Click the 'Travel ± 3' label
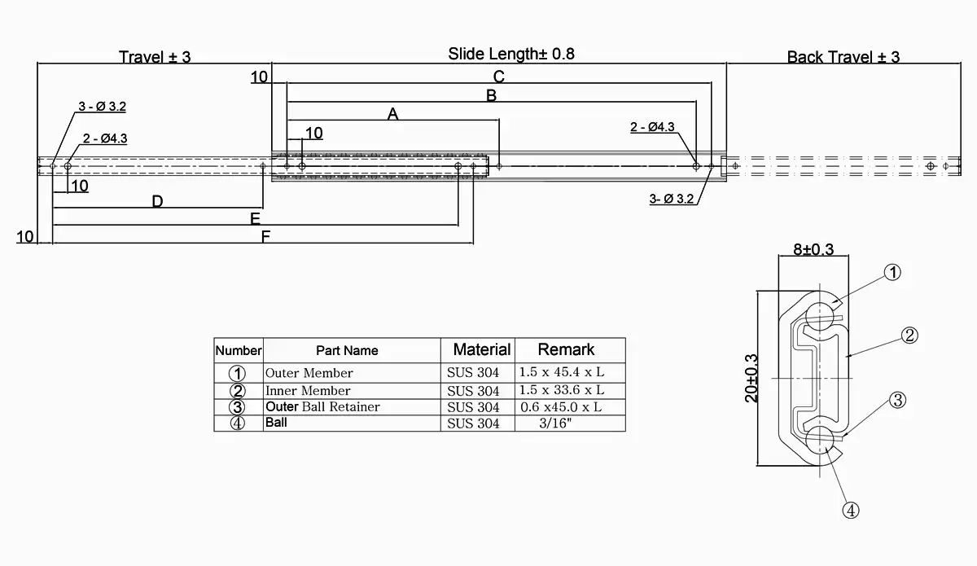pos(155,57)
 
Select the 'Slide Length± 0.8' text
pos(511,55)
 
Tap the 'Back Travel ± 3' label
pos(843,57)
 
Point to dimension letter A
pos(392,114)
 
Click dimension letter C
pos(499,77)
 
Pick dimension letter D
pos(157,201)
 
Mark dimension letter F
pos(265,237)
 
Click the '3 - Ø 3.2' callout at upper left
pos(102,107)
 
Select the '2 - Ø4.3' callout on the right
pos(652,127)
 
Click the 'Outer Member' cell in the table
pos(309,373)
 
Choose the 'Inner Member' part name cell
pos(308,391)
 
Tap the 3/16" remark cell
pos(561,423)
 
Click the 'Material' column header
pos(482,349)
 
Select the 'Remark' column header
pos(567,349)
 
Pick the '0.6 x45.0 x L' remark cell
pos(561,406)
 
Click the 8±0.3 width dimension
pos(813,250)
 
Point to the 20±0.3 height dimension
pos(751,377)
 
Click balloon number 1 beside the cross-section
pos(892,273)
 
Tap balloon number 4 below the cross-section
pos(850,511)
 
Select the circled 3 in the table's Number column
pos(237,407)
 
